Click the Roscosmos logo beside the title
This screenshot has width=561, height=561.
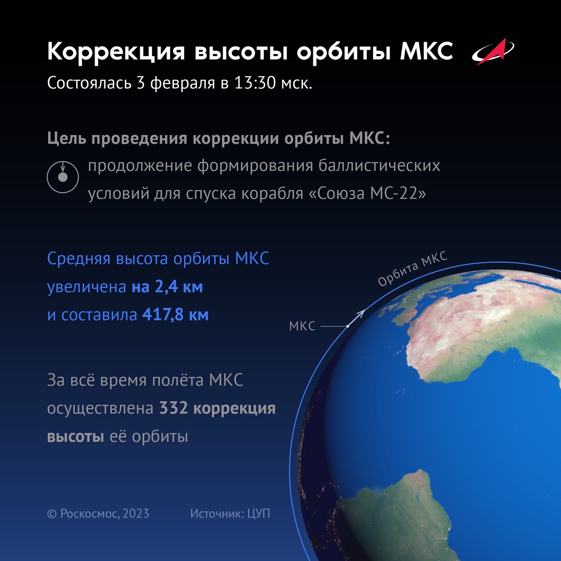point(493,52)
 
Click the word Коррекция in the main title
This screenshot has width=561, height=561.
point(116,52)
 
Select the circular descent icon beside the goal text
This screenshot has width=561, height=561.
point(63,177)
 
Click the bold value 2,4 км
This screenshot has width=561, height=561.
point(179,287)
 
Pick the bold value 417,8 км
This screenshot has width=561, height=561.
point(175,315)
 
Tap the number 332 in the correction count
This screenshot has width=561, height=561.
point(174,408)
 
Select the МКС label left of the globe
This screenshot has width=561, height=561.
point(302,327)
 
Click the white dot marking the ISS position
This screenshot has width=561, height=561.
point(348,327)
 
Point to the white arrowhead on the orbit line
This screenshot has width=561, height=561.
point(362,313)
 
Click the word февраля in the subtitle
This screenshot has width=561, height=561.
point(182,83)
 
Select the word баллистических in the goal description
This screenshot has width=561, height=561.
point(379,166)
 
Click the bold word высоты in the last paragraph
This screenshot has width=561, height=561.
point(76,437)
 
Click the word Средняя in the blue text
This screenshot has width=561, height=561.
point(78,259)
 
